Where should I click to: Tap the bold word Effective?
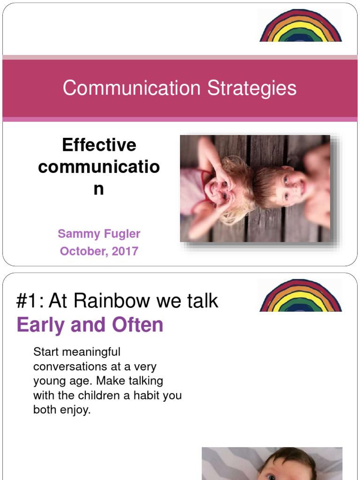pos(99,145)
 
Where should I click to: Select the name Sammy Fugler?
pos(99,233)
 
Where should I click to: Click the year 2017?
pos(125,251)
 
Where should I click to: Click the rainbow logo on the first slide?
pos(300,27)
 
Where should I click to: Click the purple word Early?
pos(40,325)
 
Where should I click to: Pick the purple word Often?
pos(137,325)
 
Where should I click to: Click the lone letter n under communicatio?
pos(98,189)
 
